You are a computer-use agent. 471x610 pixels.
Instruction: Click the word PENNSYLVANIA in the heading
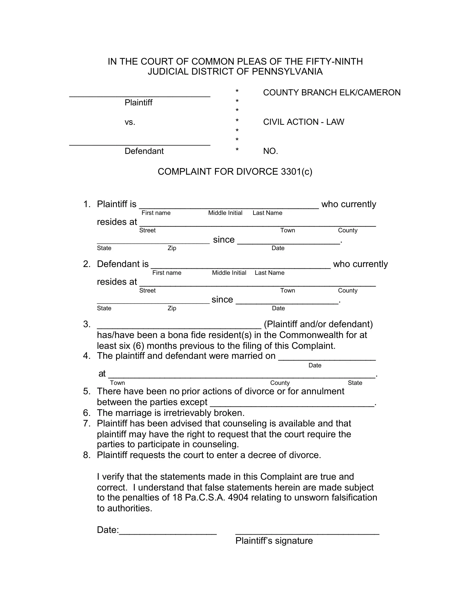click(x=287, y=72)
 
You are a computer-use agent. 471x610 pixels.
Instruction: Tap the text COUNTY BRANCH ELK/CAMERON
click(x=331, y=92)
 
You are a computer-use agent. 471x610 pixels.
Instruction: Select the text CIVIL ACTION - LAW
click(x=303, y=122)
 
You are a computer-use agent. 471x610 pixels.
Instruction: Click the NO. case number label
click(x=270, y=151)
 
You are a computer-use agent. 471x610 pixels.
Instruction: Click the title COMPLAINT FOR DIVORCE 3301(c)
click(x=235, y=171)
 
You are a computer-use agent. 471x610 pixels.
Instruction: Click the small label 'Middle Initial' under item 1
click(x=225, y=213)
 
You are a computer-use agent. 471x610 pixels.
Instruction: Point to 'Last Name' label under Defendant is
click(x=269, y=273)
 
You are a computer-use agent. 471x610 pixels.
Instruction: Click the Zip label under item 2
click(x=172, y=308)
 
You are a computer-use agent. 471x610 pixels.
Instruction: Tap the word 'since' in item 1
click(x=224, y=240)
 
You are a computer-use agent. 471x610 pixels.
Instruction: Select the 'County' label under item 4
click(x=280, y=383)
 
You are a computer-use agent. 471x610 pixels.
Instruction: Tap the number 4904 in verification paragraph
click(x=238, y=497)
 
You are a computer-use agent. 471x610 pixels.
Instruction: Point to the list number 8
click(x=87, y=455)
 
